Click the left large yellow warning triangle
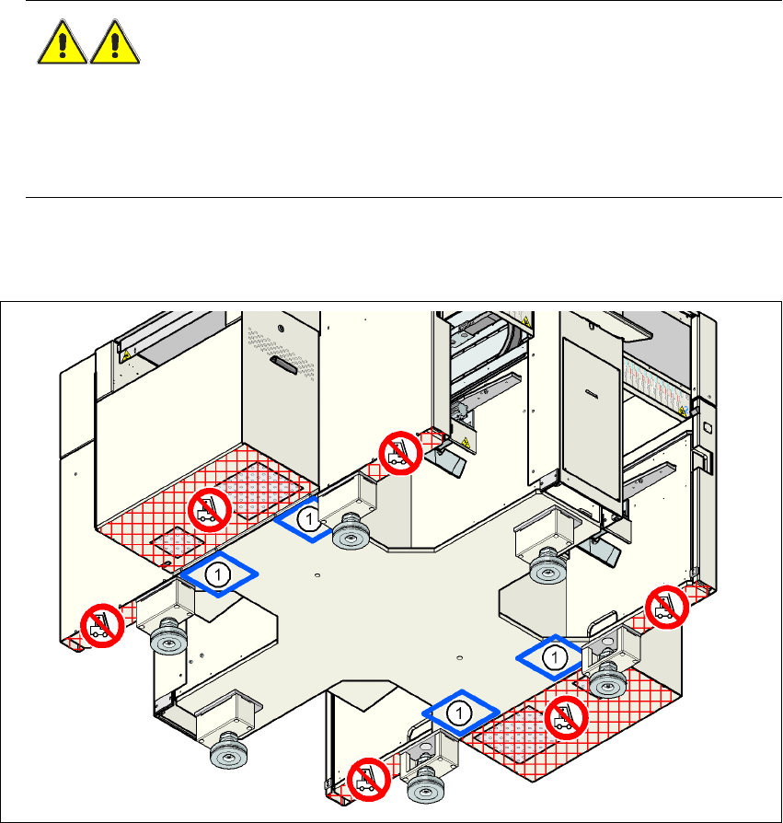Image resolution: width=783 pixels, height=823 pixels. pyautogui.click(x=63, y=43)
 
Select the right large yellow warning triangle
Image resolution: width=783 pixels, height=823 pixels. pyautogui.click(x=115, y=43)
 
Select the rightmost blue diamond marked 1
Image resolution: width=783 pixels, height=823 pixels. pyautogui.click(x=554, y=656)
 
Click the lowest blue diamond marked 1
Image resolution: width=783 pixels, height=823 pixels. pyautogui.click(x=459, y=712)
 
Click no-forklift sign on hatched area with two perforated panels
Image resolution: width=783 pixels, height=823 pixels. pyautogui.click(x=208, y=507)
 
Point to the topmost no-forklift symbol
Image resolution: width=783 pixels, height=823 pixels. pyautogui.click(x=402, y=454)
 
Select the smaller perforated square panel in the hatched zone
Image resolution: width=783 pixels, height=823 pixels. pyautogui.click(x=170, y=546)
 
